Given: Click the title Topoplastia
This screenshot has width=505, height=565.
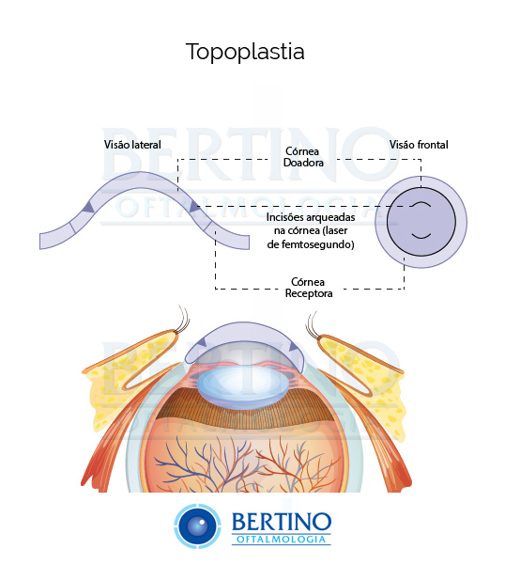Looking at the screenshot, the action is (245, 52).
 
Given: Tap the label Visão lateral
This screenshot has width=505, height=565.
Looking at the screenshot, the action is (132, 145).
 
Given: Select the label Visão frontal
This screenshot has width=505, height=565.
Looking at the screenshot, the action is (419, 145).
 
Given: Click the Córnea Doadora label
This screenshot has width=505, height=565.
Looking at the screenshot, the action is (303, 157).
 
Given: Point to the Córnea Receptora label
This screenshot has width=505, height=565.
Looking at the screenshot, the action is (308, 288).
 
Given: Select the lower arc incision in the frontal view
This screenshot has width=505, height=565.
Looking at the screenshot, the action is (421, 237).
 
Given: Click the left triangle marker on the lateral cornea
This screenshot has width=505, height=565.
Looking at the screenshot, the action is (89, 207).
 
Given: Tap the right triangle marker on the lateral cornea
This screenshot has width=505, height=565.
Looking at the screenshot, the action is (194, 207).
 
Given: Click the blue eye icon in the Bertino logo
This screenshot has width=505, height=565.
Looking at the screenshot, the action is (197, 526).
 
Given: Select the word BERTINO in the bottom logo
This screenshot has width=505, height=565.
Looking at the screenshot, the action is (282, 522).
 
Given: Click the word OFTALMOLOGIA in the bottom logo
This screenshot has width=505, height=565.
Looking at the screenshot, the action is (282, 539).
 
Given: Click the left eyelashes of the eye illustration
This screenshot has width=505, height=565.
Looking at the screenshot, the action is (183, 319).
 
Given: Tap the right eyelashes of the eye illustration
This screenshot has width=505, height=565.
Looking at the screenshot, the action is (312, 325).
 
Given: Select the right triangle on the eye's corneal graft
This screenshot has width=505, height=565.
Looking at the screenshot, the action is (293, 347).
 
